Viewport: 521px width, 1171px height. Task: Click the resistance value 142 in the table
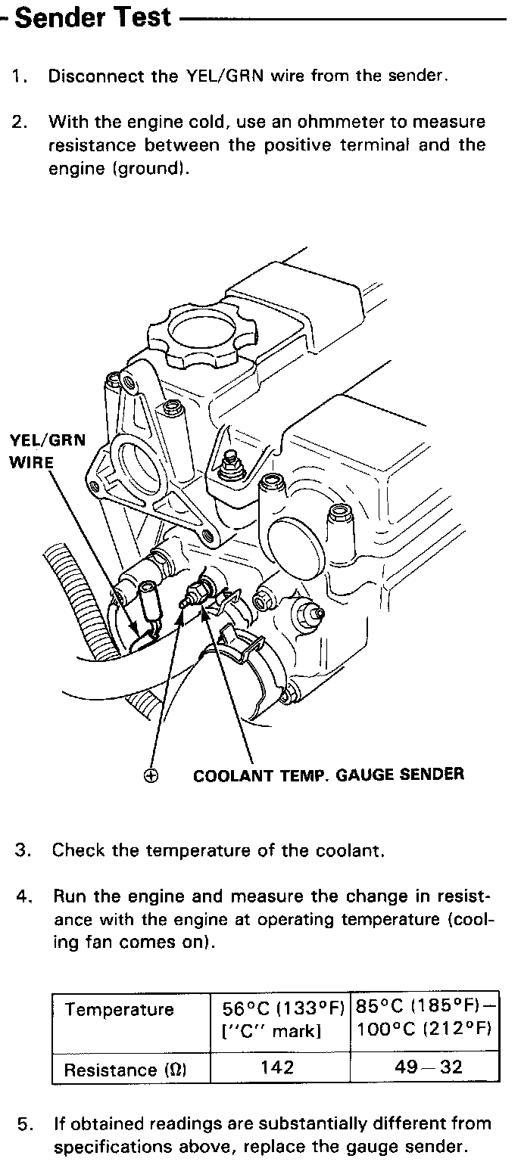[278, 1067]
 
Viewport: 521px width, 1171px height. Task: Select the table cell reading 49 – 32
[423, 1067]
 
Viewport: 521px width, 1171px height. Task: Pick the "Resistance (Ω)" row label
[126, 1070]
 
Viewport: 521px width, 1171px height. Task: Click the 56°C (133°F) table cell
[282, 1018]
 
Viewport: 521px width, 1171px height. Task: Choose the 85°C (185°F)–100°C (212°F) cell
[425, 1018]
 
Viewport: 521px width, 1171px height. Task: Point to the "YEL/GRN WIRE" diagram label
[47, 451]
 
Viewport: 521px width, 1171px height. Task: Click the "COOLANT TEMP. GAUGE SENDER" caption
[329, 775]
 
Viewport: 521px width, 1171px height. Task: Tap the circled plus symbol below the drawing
[151, 775]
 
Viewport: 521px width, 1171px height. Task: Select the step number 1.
[18, 76]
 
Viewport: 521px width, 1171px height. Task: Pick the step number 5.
[23, 1124]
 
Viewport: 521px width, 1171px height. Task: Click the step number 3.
[23, 850]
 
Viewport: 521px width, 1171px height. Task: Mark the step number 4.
[23, 897]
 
